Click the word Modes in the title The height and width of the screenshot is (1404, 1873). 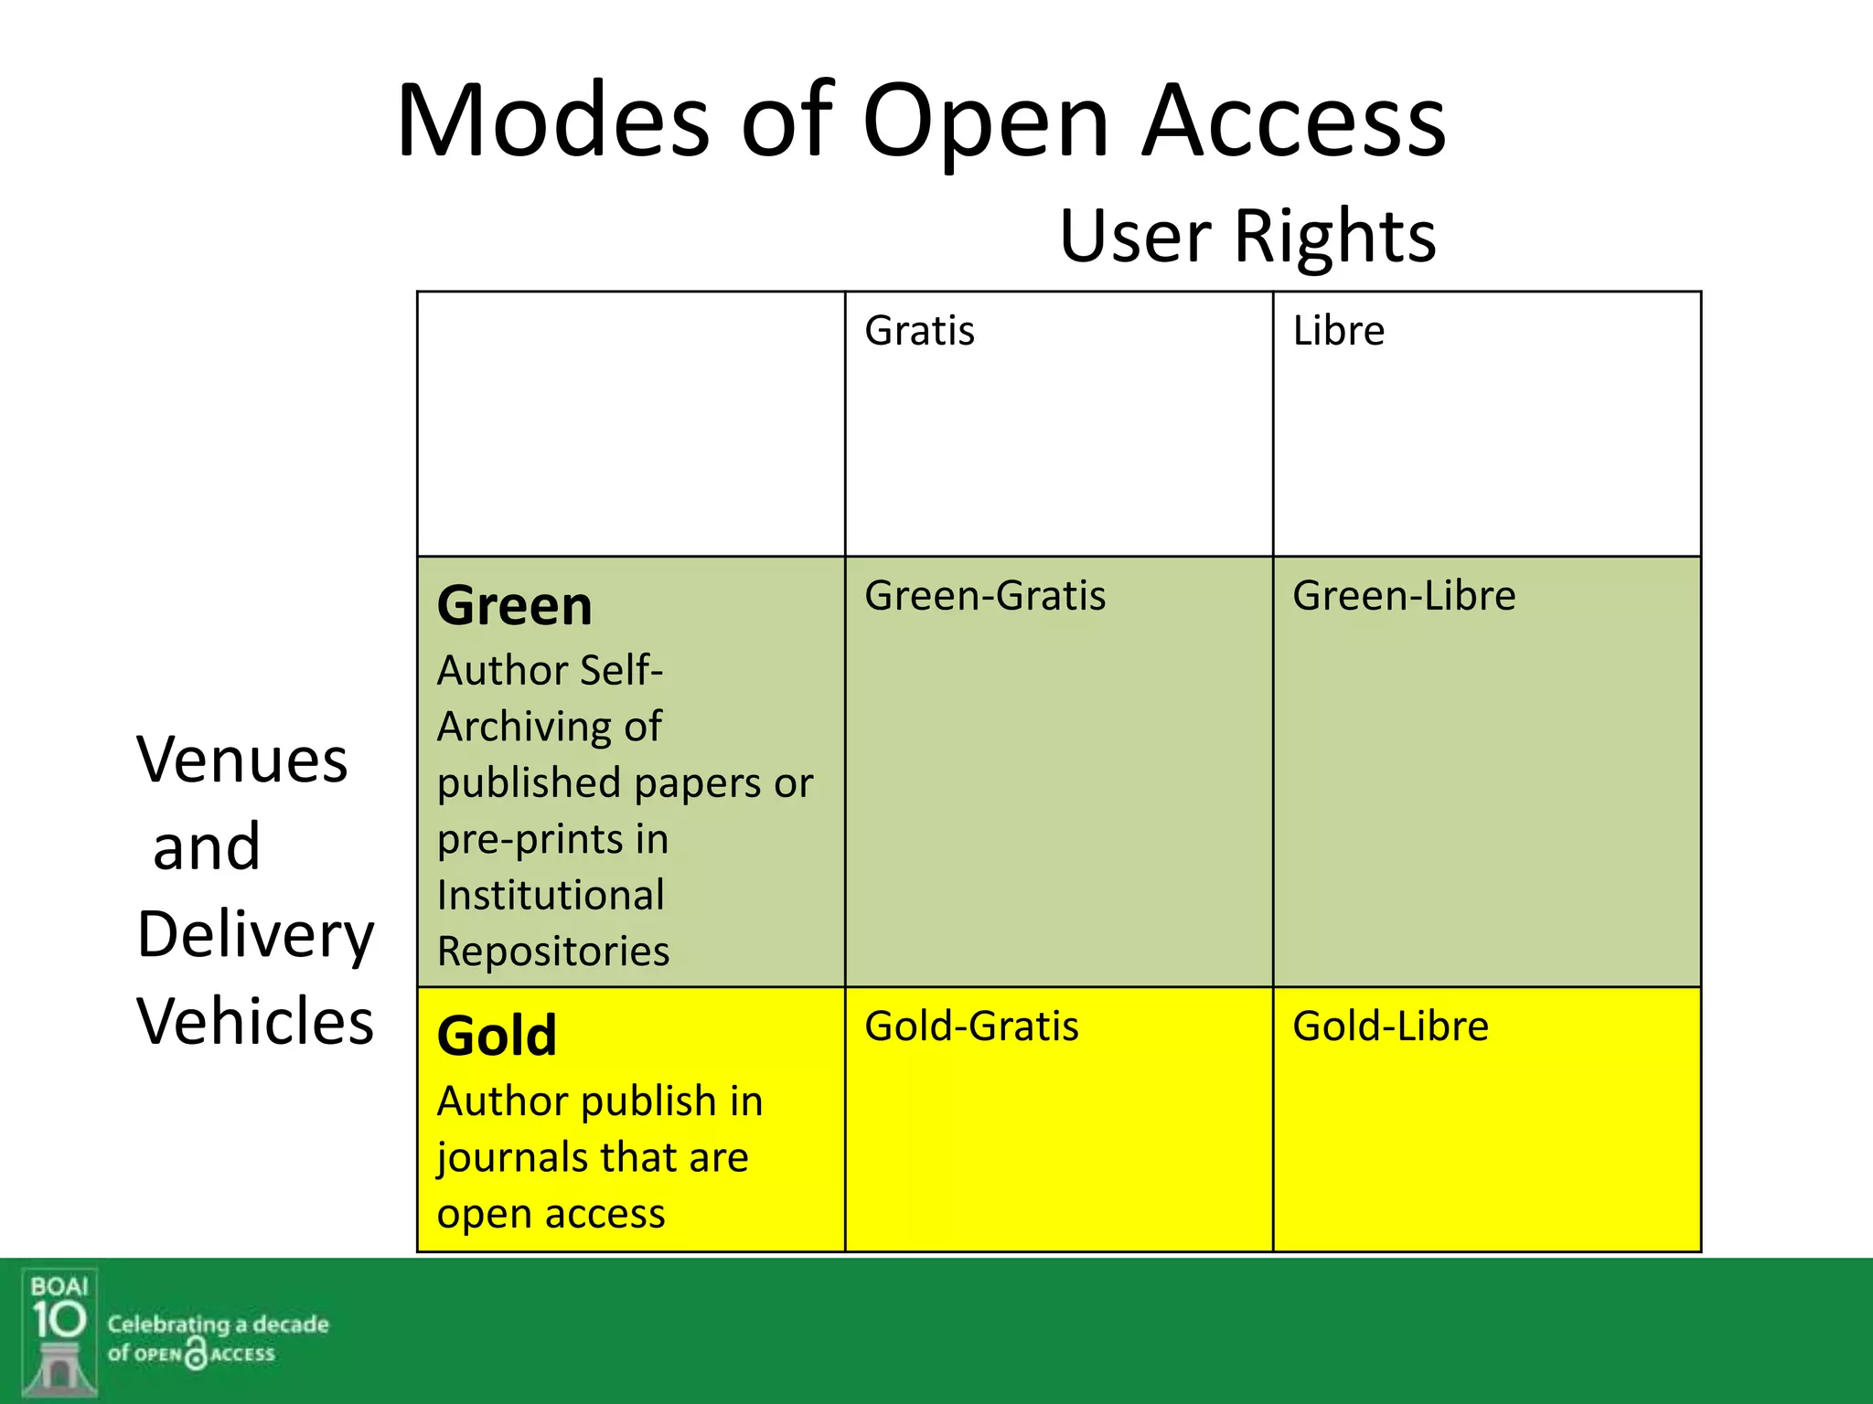(x=552, y=122)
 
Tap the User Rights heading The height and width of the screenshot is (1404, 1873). (x=1247, y=236)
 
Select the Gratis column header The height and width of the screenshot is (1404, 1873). (x=919, y=331)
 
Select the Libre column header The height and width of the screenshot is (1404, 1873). (x=1338, y=331)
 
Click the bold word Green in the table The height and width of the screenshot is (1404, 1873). (x=514, y=606)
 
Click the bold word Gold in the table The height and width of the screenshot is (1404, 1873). (x=497, y=1037)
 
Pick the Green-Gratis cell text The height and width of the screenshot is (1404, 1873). (x=985, y=596)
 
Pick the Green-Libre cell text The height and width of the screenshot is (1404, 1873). (x=1404, y=596)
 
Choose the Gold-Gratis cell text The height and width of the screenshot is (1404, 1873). (x=971, y=1026)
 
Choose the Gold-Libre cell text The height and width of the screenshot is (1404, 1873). (x=1390, y=1026)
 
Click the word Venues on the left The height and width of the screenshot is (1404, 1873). (x=242, y=760)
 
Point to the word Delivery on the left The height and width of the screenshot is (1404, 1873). (x=255, y=936)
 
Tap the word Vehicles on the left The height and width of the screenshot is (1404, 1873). (x=255, y=1021)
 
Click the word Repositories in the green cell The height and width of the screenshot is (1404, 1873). (x=553, y=952)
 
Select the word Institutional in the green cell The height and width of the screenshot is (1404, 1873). (x=551, y=895)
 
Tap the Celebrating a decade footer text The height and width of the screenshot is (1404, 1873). (x=218, y=1324)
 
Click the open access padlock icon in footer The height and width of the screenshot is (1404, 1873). (x=196, y=1354)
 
